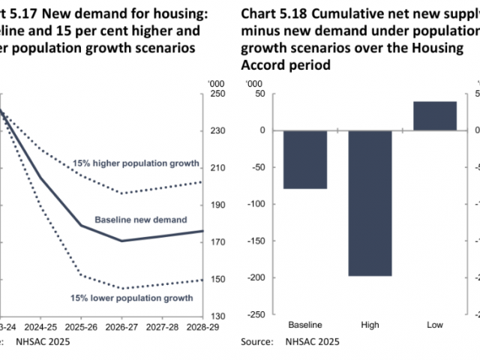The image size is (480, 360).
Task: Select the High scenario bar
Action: (370, 202)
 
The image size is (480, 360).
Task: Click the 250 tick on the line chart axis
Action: (217, 94)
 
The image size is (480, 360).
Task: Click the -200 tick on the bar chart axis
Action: (256, 277)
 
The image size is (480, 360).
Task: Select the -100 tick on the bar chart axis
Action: (256, 204)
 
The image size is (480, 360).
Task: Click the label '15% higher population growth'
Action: (136, 163)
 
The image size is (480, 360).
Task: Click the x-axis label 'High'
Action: (370, 325)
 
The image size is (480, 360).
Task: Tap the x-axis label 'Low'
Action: (434, 325)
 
